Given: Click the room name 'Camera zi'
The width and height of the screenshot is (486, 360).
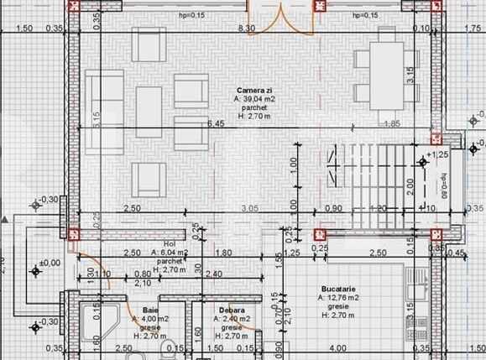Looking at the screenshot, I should pyautogui.click(x=253, y=90).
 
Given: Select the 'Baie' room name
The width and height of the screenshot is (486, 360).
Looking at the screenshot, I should pyautogui.click(x=149, y=310).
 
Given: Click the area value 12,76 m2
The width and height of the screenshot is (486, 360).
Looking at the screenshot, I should pyautogui.click(x=339, y=298).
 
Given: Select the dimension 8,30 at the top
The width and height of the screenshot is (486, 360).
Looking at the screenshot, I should pyautogui.click(x=247, y=29).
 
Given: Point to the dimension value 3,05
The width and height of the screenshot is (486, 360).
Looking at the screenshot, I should pyautogui.click(x=248, y=207).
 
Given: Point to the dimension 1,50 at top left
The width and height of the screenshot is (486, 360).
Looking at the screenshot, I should pyautogui.click(x=24, y=29).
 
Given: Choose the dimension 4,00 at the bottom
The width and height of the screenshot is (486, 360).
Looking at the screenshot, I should pyautogui.click(x=337, y=347).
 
